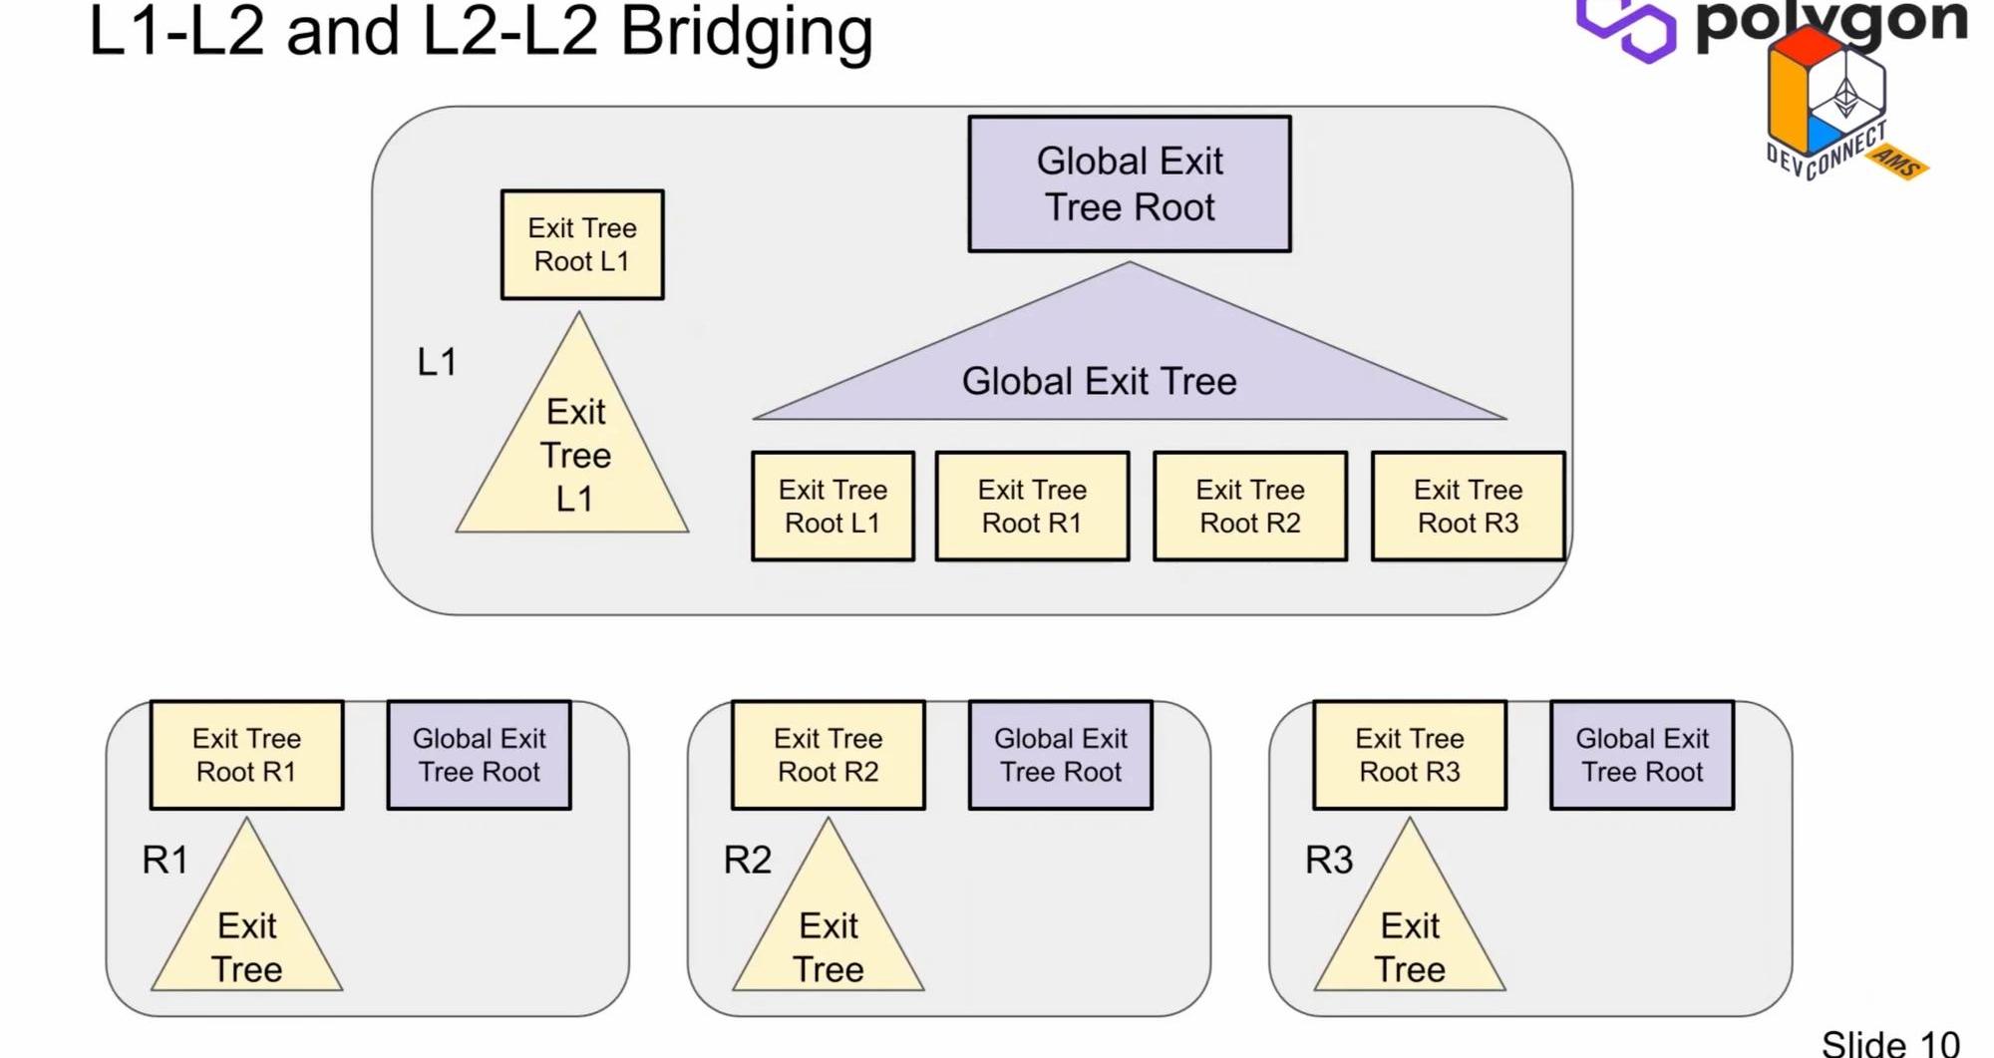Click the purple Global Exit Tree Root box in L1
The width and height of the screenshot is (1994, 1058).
click(x=1129, y=184)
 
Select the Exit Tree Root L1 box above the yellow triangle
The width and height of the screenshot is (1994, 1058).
click(x=582, y=245)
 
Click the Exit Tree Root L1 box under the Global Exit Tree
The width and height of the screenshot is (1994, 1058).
click(x=832, y=507)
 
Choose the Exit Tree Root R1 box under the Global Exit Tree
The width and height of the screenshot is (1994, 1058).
click(x=1032, y=507)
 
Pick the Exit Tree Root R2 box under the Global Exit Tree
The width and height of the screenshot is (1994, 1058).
click(x=1250, y=507)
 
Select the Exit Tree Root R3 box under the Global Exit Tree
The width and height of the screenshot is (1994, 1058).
click(x=1468, y=507)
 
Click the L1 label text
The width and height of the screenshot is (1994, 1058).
click(x=437, y=362)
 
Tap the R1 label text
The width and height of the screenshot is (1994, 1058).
click(x=165, y=860)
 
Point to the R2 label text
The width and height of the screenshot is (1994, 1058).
click(x=747, y=860)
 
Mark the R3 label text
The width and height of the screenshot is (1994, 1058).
click(x=1329, y=860)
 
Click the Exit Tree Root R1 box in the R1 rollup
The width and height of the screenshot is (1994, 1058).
click(x=246, y=755)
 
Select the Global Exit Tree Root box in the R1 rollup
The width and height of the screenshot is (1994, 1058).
click(x=479, y=755)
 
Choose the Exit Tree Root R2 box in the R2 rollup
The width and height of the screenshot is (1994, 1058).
click(x=828, y=755)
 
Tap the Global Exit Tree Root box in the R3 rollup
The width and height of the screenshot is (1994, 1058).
click(x=1642, y=755)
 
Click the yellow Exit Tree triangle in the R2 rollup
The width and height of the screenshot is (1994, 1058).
click(x=828, y=937)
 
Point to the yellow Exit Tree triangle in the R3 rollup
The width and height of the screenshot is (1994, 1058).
click(x=1409, y=937)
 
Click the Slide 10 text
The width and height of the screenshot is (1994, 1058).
click(x=1889, y=1043)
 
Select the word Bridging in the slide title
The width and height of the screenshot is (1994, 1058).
click(x=746, y=32)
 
